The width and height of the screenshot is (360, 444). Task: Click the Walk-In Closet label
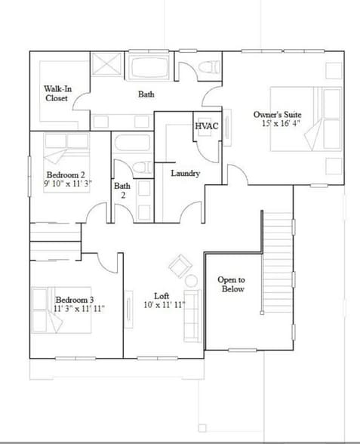57,94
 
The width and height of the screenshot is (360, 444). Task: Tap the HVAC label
206,126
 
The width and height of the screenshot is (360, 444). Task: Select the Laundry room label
185,174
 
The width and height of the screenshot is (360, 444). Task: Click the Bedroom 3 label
74,300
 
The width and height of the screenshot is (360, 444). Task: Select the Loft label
162,296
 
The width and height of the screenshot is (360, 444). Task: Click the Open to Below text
231,284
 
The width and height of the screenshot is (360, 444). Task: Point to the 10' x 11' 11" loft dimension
165,306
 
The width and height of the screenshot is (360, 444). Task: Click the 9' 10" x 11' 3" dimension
67,184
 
